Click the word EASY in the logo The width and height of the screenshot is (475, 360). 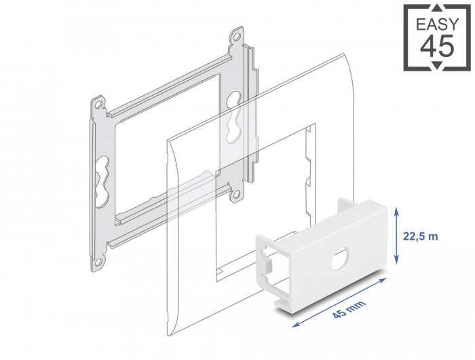click(x=438, y=24)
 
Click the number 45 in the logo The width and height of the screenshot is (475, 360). click(x=438, y=46)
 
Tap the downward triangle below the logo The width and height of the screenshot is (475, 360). click(x=438, y=65)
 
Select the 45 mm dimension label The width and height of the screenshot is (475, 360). click(x=349, y=309)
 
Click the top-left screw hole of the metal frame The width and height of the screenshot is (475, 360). click(x=98, y=105)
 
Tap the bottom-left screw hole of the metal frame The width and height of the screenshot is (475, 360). click(x=98, y=261)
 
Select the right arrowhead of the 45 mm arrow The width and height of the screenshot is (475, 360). click(x=383, y=280)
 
